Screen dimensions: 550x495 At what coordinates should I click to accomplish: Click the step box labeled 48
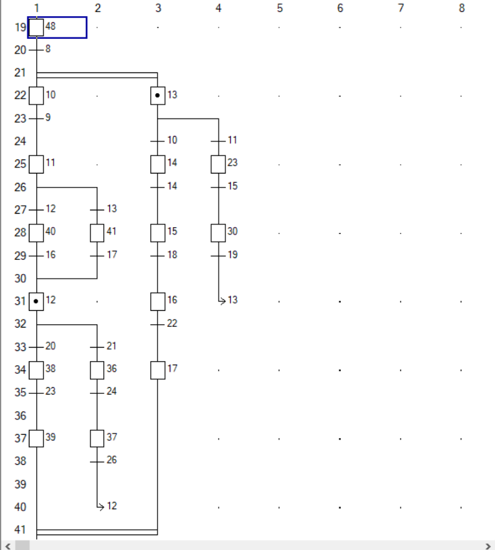tap(37, 27)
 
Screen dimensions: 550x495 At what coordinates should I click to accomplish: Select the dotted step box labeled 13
tap(158, 96)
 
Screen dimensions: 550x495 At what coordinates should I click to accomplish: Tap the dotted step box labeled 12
tap(37, 301)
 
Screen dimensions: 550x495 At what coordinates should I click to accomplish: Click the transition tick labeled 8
tap(37, 50)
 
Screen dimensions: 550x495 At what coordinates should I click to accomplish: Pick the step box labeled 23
tap(219, 164)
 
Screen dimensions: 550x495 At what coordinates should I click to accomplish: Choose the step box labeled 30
tap(219, 232)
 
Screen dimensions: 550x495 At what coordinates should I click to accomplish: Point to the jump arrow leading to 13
tap(221, 301)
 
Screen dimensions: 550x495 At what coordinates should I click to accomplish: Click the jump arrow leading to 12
tap(100, 506)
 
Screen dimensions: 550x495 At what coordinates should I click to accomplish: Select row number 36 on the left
tap(20, 416)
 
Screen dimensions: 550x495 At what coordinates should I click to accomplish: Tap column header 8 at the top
tap(461, 8)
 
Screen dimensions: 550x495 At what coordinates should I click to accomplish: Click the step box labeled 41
tap(97, 232)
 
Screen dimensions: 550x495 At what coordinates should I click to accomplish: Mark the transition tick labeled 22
tap(158, 324)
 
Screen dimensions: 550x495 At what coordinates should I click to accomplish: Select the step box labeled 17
tap(158, 370)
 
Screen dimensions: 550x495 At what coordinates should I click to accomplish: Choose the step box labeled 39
tap(37, 438)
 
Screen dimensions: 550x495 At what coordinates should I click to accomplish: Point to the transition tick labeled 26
tap(97, 460)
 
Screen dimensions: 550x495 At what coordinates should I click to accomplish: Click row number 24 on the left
tap(20, 141)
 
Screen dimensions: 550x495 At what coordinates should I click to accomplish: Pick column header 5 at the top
tap(280, 8)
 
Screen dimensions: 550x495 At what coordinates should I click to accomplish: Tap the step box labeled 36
tap(97, 370)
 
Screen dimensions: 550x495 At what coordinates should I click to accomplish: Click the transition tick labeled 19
tap(219, 255)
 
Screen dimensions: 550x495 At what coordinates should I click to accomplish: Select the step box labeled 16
tap(158, 301)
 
